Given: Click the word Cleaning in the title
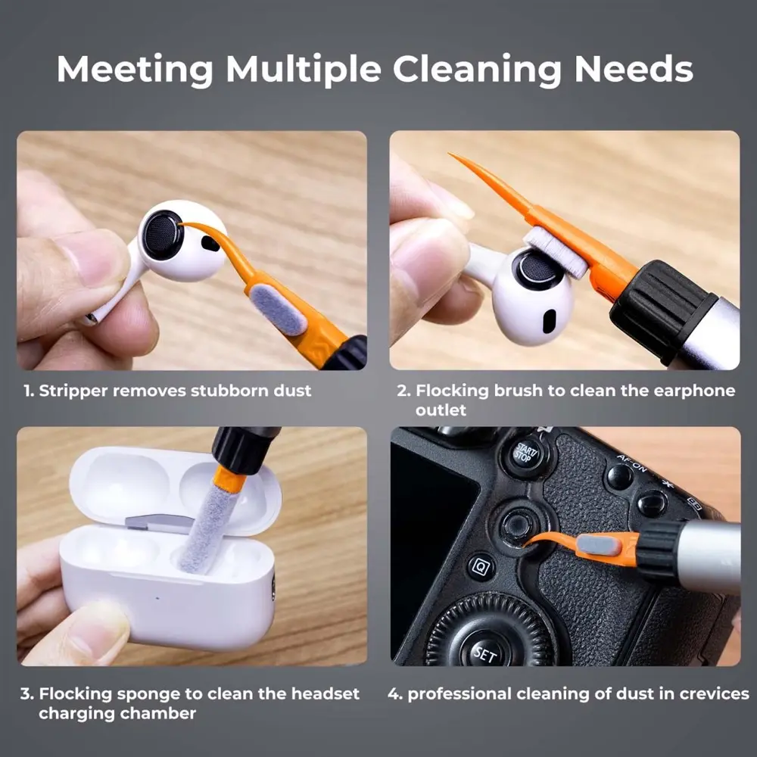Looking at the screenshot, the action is coord(477,70).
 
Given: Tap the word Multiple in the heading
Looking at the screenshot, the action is coord(304,69).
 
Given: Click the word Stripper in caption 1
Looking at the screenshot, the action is coord(73,391).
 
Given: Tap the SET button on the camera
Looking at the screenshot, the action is coord(484,653).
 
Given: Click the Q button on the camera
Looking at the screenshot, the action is coord(481,567).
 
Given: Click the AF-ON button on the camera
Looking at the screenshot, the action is coord(619,476).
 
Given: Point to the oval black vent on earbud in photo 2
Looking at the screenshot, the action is coord(550,322).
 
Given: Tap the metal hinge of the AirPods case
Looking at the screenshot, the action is coord(159,523).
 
